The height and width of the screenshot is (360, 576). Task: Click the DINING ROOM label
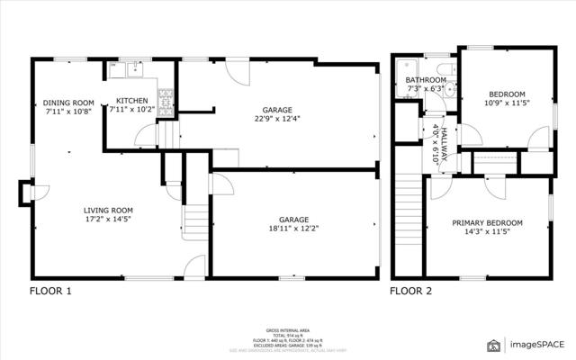(x=68, y=103)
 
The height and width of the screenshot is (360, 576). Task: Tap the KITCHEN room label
(x=131, y=101)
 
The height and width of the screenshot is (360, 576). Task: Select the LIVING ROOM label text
(x=108, y=211)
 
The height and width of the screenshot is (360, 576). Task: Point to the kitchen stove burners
(x=166, y=95)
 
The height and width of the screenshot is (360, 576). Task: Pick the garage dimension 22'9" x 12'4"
(x=277, y=118)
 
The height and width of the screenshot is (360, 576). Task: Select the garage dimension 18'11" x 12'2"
(x=293, y=228)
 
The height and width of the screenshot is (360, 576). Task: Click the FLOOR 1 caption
(x=50, y=292)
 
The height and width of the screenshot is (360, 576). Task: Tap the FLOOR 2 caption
(x=410, y=292)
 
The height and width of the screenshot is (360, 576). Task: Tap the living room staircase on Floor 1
(x=194, y=220)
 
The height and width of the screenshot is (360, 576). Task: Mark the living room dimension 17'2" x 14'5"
(x=108, y=220)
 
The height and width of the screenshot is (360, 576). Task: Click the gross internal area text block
(x=288, y=338)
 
